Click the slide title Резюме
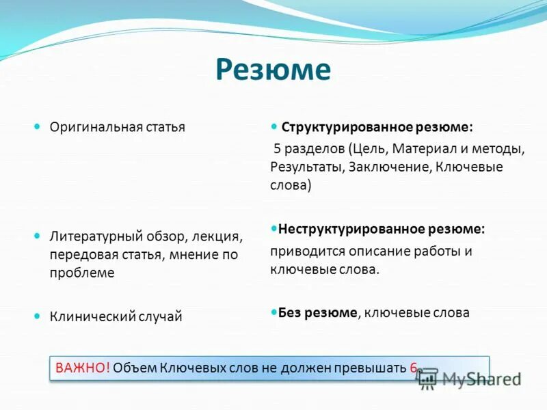click(273, 70)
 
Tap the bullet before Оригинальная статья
click(38, 126)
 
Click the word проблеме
click(81, 272)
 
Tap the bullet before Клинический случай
click(38, 316)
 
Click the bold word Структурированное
click(340, 128)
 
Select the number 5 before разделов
click(277, 148)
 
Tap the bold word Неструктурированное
click(345, 230)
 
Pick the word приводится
click(301, 251)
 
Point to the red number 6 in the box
click(413, 368)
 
